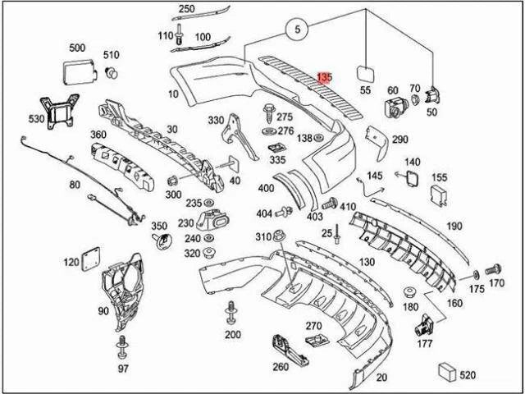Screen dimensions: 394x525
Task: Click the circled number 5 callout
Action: click(x=299, y=31)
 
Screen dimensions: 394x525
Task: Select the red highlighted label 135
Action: click(x=324, y=77)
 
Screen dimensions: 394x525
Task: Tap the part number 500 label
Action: click(x=77, y=48)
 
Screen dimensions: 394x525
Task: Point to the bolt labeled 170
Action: click(x=493, y=268)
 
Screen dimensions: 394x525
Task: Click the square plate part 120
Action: click(x=89, y=258)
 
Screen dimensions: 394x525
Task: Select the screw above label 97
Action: click(x=123, y=346)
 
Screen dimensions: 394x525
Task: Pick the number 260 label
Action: click(x=281, y=366)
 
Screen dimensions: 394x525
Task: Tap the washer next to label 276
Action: click(x=268, y=131)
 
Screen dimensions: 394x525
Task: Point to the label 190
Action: click(x=454, y=226)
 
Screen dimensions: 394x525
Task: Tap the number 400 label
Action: click(x=267, y=188)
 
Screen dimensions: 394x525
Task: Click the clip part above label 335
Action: click(x=276, y=147)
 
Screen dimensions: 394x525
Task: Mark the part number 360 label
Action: click(x=98, y=135)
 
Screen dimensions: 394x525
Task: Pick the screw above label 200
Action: click(x=231, y=314)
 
